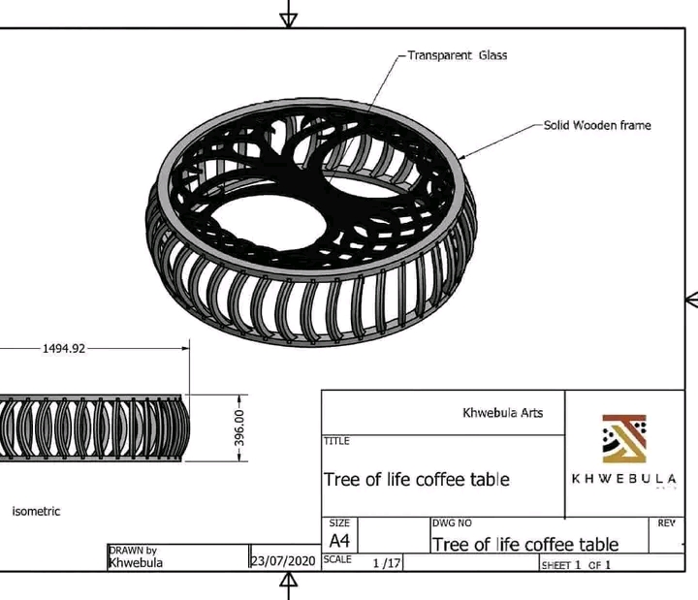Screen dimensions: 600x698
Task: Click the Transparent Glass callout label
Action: (457, 55)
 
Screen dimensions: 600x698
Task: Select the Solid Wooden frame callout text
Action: (596, 125)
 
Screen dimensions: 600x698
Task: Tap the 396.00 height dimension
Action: (239, 426)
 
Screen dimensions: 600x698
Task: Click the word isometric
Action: (36, 511)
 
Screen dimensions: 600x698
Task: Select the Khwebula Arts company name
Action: (503, 412)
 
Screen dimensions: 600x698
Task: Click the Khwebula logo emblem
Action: (624, 439)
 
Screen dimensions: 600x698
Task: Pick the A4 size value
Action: (339, 540)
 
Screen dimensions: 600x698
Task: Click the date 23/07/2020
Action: (283, 561)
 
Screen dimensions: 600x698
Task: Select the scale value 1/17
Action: (385, 562)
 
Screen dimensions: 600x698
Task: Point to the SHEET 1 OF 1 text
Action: (576, 564)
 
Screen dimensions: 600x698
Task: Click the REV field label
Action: (666, 523)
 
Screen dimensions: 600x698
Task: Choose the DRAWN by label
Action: (133, 551)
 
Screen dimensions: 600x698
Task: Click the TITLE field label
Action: (336, 441)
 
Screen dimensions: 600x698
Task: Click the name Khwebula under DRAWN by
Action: (136, 562)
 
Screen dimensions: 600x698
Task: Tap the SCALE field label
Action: (337, 559)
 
